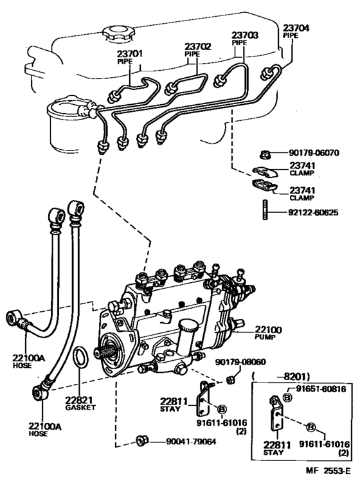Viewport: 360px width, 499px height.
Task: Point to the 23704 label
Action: tap(296, 28)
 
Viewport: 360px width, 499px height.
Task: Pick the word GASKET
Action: tap(80, 408)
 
